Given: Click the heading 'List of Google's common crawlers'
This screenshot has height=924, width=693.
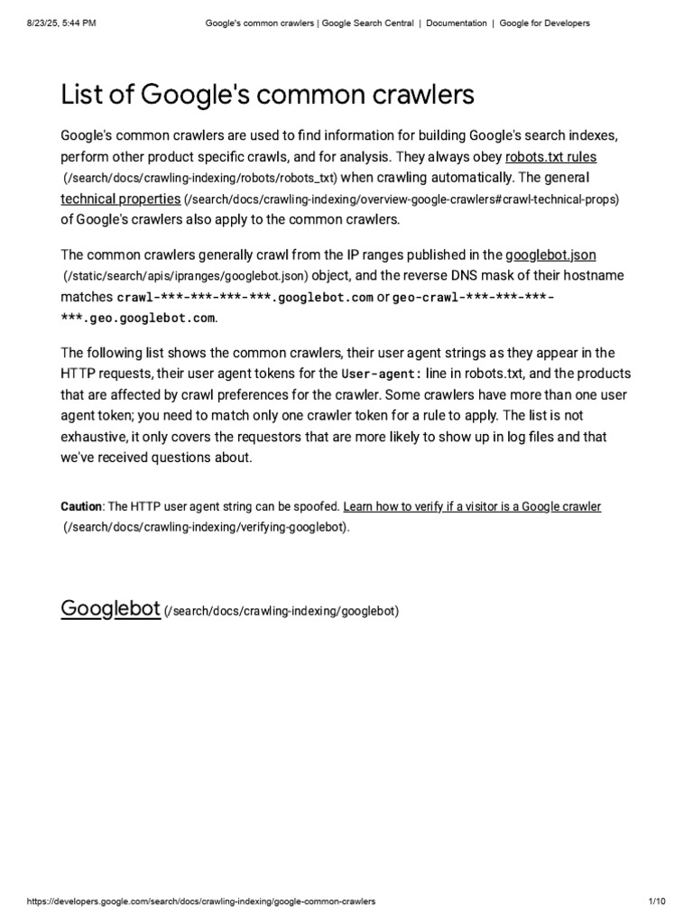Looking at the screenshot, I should pyautogui.click(x=267, y=94).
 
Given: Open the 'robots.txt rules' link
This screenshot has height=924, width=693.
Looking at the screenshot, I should pyautogui.click(x=550, y=156).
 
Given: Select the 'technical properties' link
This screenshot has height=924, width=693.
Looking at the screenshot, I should pyautogui.click(x=120, y=199).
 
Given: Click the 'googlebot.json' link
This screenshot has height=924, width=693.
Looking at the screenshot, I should pyautogui.click(x=550, y=254).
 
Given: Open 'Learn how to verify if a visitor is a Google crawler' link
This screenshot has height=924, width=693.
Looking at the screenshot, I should pyautogui.click(x=472, y=507).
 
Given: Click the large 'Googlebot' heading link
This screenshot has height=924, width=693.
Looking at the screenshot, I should pyautogui.click(x=110, y=609).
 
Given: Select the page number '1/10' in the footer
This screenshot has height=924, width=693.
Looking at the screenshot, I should pyautogui.click(x=656, y=901).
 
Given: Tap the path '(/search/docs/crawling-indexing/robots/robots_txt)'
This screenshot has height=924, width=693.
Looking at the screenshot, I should pyautogui.click(x=199, y=179).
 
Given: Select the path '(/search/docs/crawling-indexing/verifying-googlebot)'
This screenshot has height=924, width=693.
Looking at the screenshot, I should pyautogui.click(x=205, y=528).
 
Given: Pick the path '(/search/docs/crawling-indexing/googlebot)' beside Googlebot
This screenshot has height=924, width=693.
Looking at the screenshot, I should pyautogui.click(x=281, y=612).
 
